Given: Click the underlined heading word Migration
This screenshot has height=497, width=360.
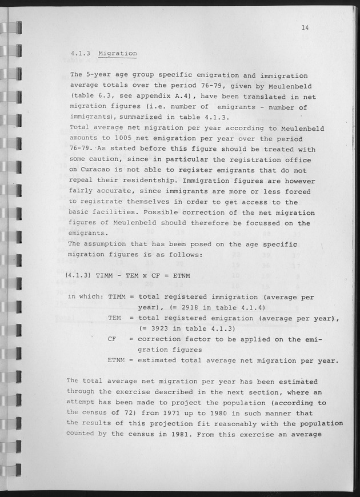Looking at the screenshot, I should [117, 54].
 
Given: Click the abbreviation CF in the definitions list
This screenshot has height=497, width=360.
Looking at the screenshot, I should [112, 339].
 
